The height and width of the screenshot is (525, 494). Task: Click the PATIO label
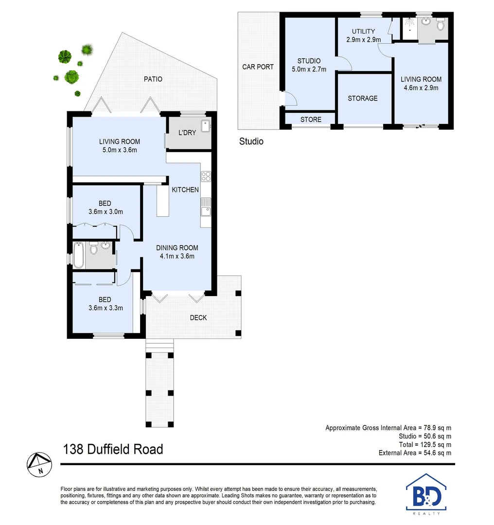tap(153, 79)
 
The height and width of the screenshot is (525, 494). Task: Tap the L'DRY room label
tap(187, 132)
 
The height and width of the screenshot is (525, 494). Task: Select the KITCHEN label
tap(185, 190)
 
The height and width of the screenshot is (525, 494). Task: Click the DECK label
tap(198, 317)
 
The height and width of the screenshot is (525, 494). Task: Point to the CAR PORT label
tap(258, 67)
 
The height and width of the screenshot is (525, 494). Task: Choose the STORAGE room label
tap(363, 98)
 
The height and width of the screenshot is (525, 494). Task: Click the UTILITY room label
tap(363, 32)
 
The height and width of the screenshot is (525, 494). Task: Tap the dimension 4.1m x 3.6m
tap(177, 256)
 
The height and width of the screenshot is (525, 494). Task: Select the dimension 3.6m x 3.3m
tap(105, 308)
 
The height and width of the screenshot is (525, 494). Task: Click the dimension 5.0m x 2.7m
tap(309, 69)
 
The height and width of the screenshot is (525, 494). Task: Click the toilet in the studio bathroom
tap(441, 24)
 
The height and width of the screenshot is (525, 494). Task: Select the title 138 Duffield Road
tap(112, 449)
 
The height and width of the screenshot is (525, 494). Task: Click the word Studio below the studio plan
tap(251, 141)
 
